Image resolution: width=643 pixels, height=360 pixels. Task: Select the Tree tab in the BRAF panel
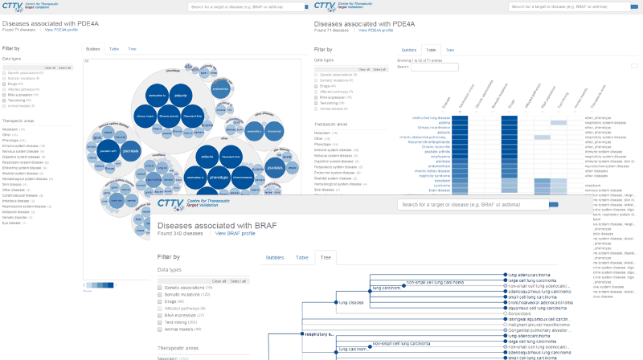tap(326, 257)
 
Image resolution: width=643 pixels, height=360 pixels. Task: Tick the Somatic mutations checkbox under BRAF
tap(161, 294)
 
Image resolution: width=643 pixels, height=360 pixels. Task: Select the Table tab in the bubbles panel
tap(114, 49)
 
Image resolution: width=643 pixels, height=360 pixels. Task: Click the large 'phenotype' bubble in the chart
tap(219, 176)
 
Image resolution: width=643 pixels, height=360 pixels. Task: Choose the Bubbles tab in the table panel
tap(408, 49)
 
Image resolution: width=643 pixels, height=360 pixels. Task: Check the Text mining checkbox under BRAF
tap(161, 322)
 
